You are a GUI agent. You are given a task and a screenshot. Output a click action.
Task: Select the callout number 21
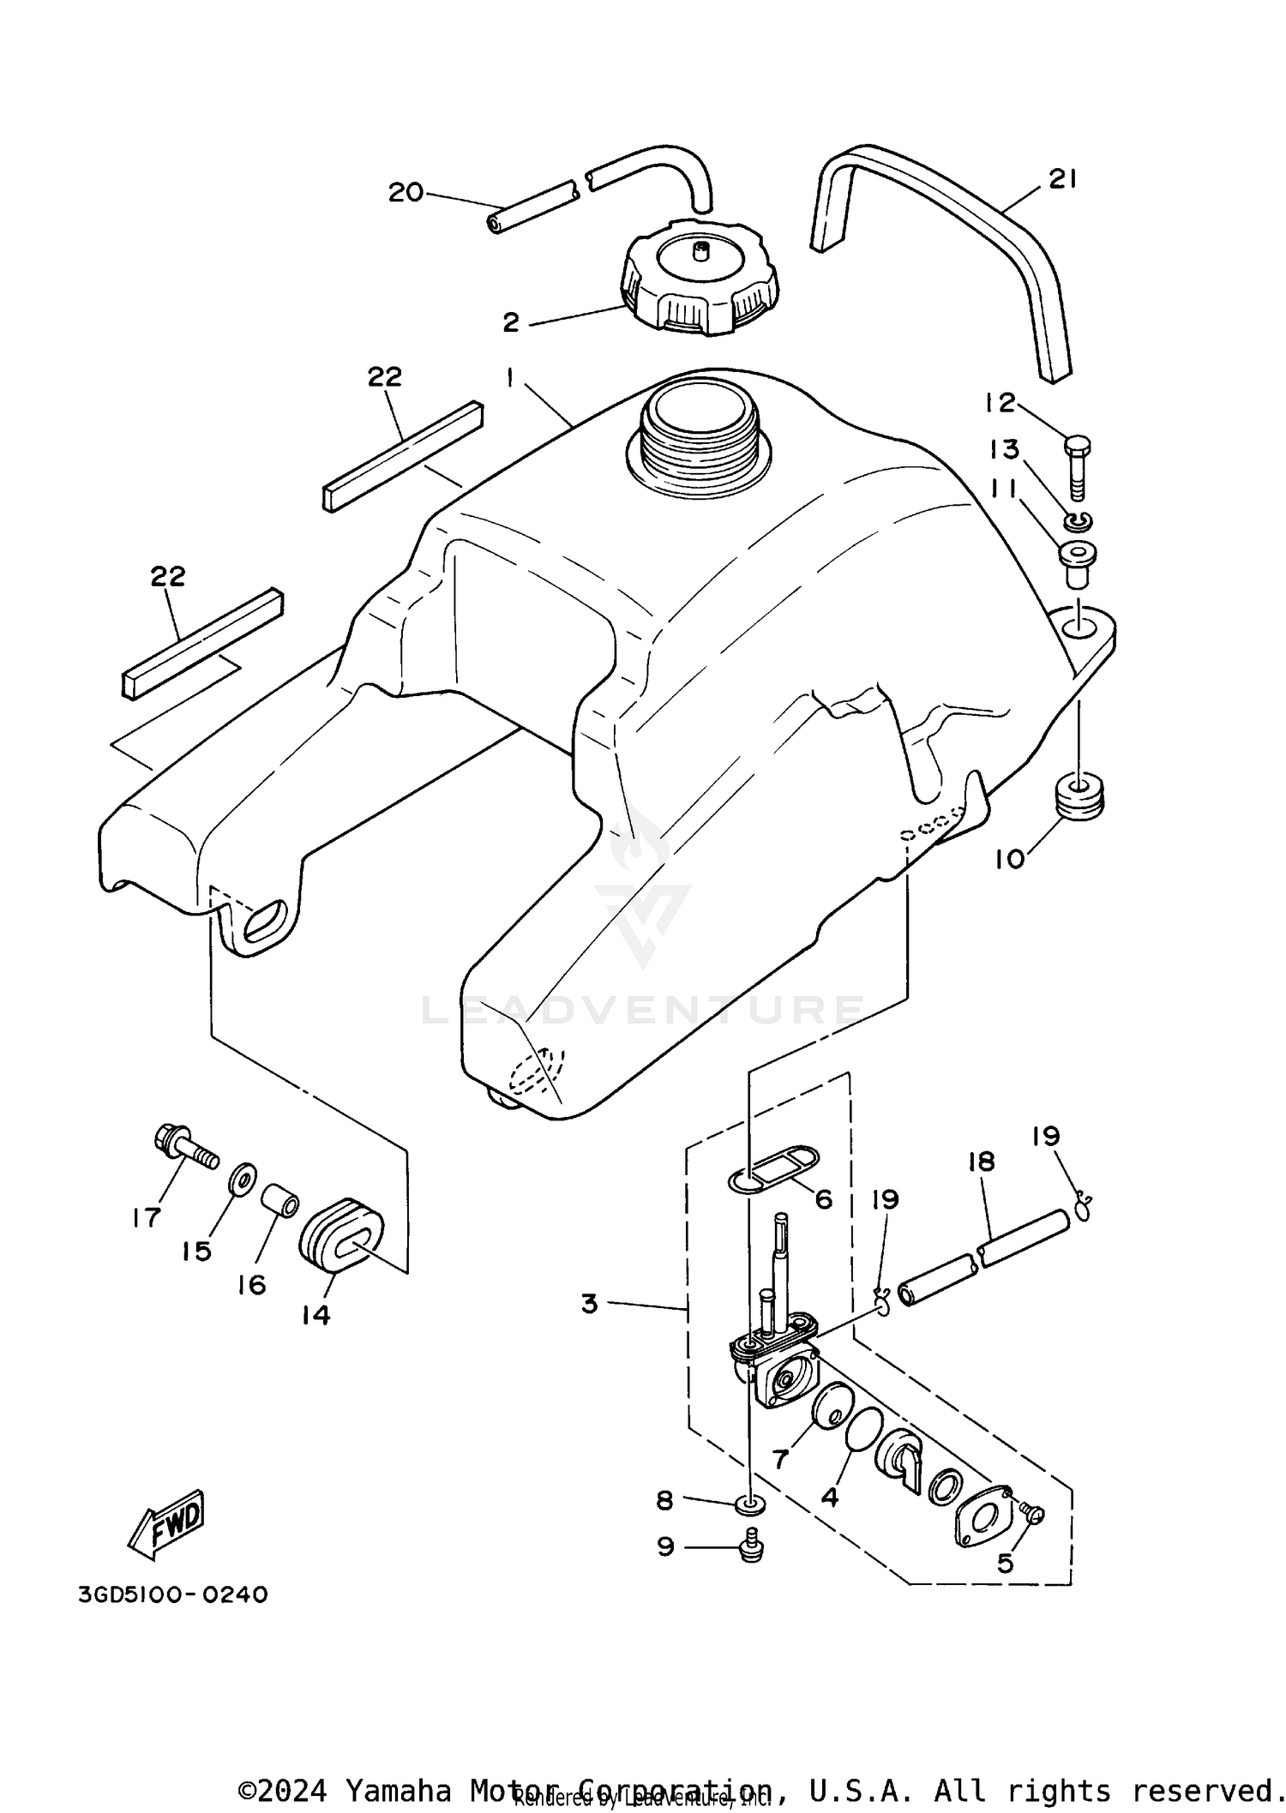[1062, 179]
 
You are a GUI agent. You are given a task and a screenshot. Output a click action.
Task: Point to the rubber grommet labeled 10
[1079, 796]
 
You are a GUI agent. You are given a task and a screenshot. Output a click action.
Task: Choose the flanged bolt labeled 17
[182, 1144]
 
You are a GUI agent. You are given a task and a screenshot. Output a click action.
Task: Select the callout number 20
[406, 193]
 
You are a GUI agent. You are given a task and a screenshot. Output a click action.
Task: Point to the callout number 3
[589, 1304]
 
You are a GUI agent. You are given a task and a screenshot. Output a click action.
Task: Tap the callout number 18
[981, 1162]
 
